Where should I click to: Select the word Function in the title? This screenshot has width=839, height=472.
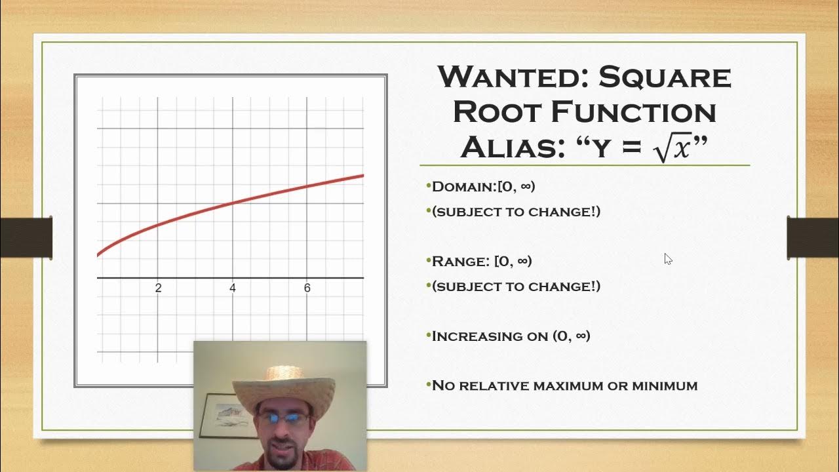633,112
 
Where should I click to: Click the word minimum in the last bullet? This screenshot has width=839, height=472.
664,386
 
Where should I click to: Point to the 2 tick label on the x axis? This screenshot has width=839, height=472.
158,288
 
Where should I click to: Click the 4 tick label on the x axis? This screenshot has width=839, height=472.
233,288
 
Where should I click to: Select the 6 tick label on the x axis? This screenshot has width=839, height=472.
307,288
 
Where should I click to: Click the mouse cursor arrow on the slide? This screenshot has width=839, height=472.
667,258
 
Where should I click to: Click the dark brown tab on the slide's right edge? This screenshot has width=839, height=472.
812,237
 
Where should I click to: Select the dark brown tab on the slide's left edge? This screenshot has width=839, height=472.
26,237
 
